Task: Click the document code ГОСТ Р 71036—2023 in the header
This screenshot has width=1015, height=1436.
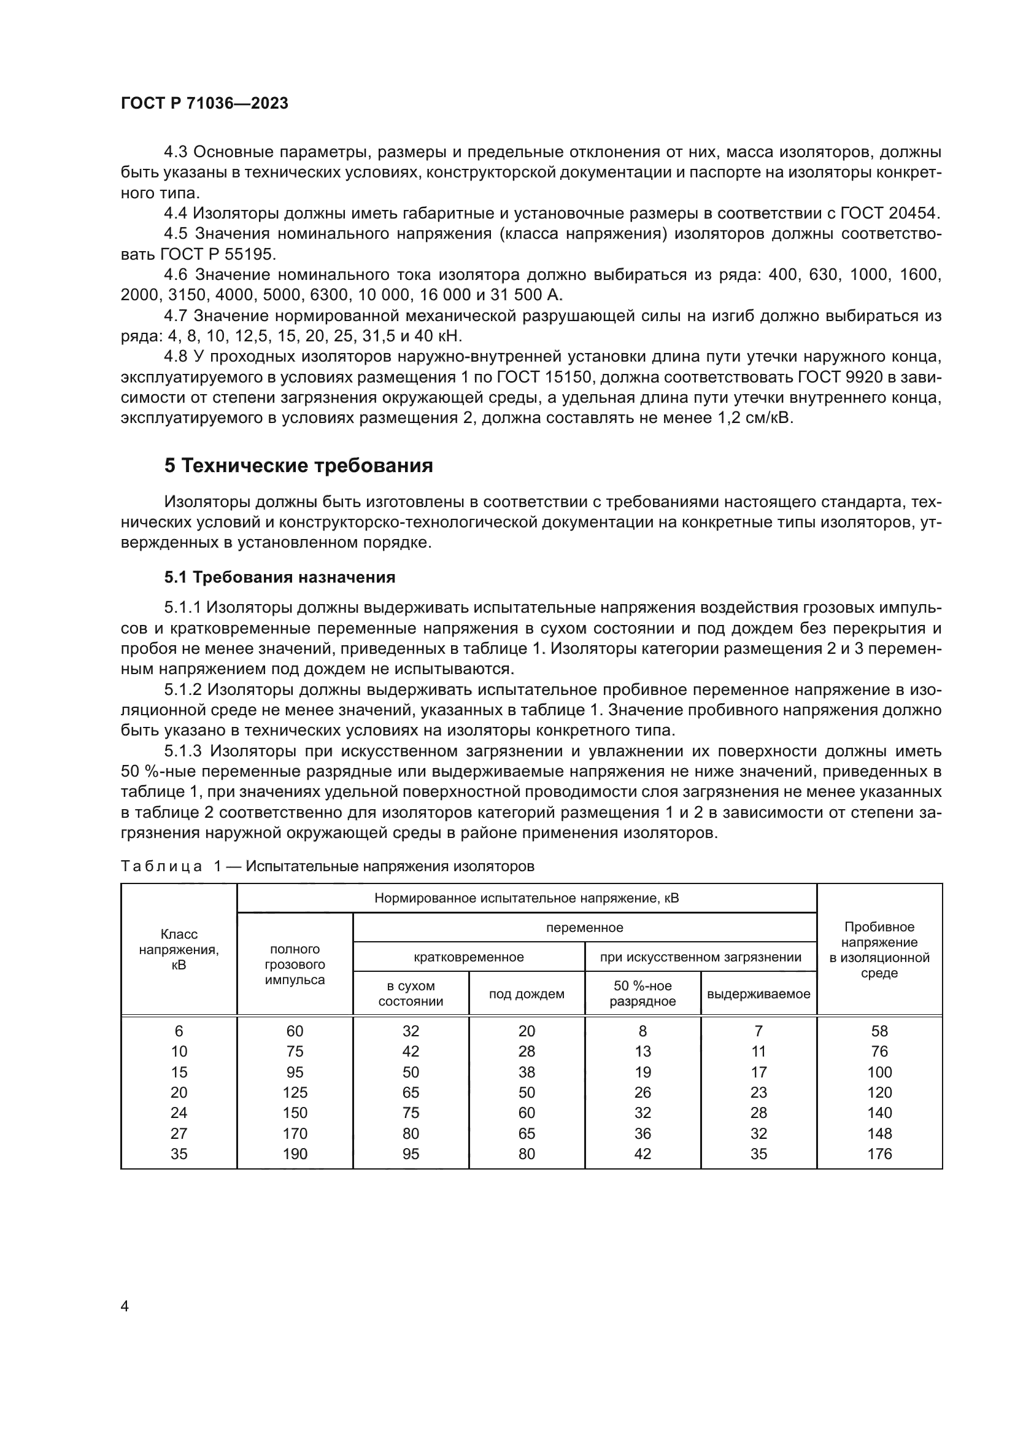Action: click(x=204, y=104)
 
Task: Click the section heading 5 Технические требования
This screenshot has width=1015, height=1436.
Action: click(x=299, y=466)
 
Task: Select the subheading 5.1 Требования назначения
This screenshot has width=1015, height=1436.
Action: click(x=280, y=576)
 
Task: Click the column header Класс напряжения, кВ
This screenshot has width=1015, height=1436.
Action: click(x=179, y=949)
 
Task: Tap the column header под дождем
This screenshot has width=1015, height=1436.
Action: click(x=527, y=994)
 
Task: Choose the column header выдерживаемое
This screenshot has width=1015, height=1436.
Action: click(x=758, y=994)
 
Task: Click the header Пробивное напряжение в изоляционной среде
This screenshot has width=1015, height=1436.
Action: click(x=879, y=949)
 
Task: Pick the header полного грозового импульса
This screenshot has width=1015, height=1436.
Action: click(x=295, y=964)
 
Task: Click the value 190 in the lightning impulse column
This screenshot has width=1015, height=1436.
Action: click(x=295, y=1154)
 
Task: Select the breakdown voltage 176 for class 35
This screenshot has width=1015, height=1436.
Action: click(x=879, y=1154)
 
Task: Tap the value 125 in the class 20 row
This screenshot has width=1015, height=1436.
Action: click(x=295, y=1093)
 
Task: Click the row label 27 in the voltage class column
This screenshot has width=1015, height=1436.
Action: click(x=179, y=1133)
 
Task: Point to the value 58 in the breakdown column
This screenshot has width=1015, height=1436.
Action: click(x=879, y=1031)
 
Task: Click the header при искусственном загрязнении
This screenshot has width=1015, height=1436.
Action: click(x=701, y=957)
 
